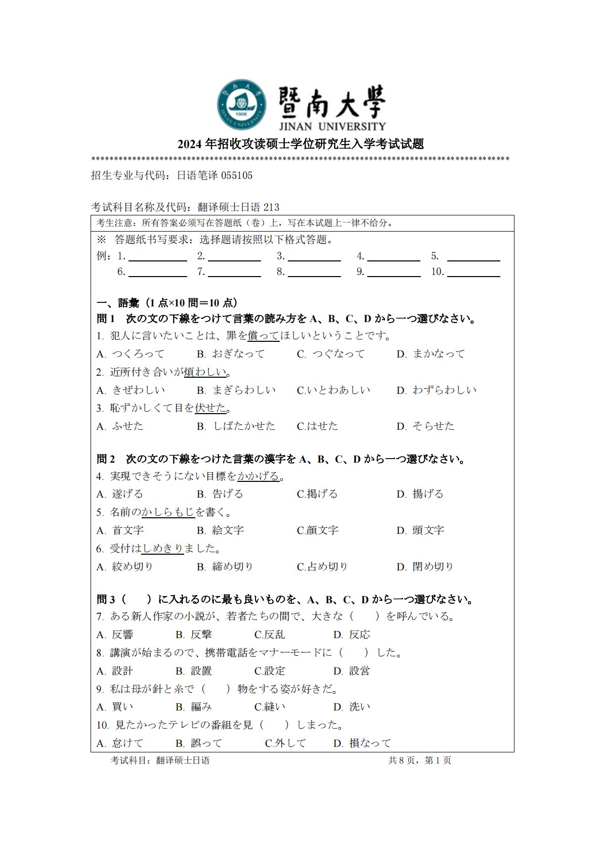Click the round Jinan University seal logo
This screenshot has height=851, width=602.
pyautogui.click(x=242, y=104)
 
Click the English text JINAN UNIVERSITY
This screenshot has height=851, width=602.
pyautogui.click(x=332, y=126)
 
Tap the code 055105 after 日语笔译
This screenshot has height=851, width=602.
pyautogui.click(x=237, y=175)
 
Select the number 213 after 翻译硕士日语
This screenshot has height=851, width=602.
pyautogui.click(x=271, y=207)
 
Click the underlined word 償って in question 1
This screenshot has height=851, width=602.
pyautogui.click(x=263, y=336)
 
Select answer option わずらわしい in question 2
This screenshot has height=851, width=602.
pyautogui.click(x=444, y=390)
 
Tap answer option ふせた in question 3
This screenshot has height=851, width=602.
pyautogui.click(x=127, y=426)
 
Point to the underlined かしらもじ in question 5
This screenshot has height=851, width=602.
pyautogui.click(x=168, y=512)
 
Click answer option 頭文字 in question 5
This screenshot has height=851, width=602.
pyautogui.click(x=428, y=530)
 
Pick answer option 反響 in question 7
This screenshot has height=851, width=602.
pyautogui.click(x=122, y=635)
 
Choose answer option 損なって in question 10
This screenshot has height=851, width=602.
pyautogui.click(x=370, y=743)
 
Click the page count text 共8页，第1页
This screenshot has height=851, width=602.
pyautogui.click(x=419, y=760)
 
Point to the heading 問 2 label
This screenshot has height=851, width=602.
pyautogui.click(x=106, y=459)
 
